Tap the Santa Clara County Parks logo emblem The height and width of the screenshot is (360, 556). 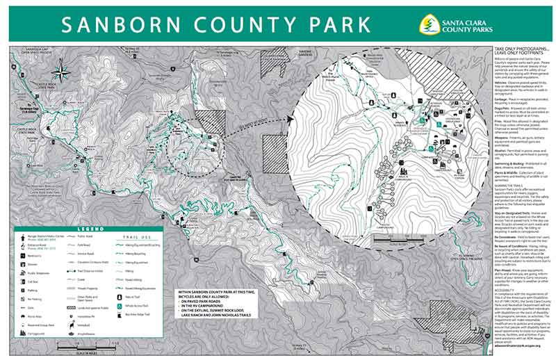coord(430,24)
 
